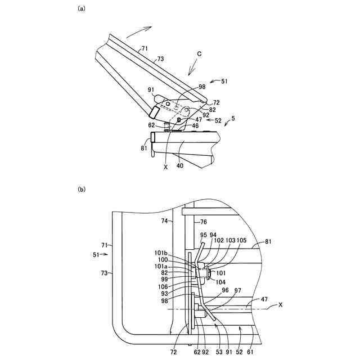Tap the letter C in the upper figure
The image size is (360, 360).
click(199, 55)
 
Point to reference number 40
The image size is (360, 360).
click(180, 166)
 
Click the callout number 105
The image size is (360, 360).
click(241, 239)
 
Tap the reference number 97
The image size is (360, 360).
click(237, 290)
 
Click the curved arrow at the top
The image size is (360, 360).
click(143, 28)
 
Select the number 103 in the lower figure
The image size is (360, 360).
click(230, 239)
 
